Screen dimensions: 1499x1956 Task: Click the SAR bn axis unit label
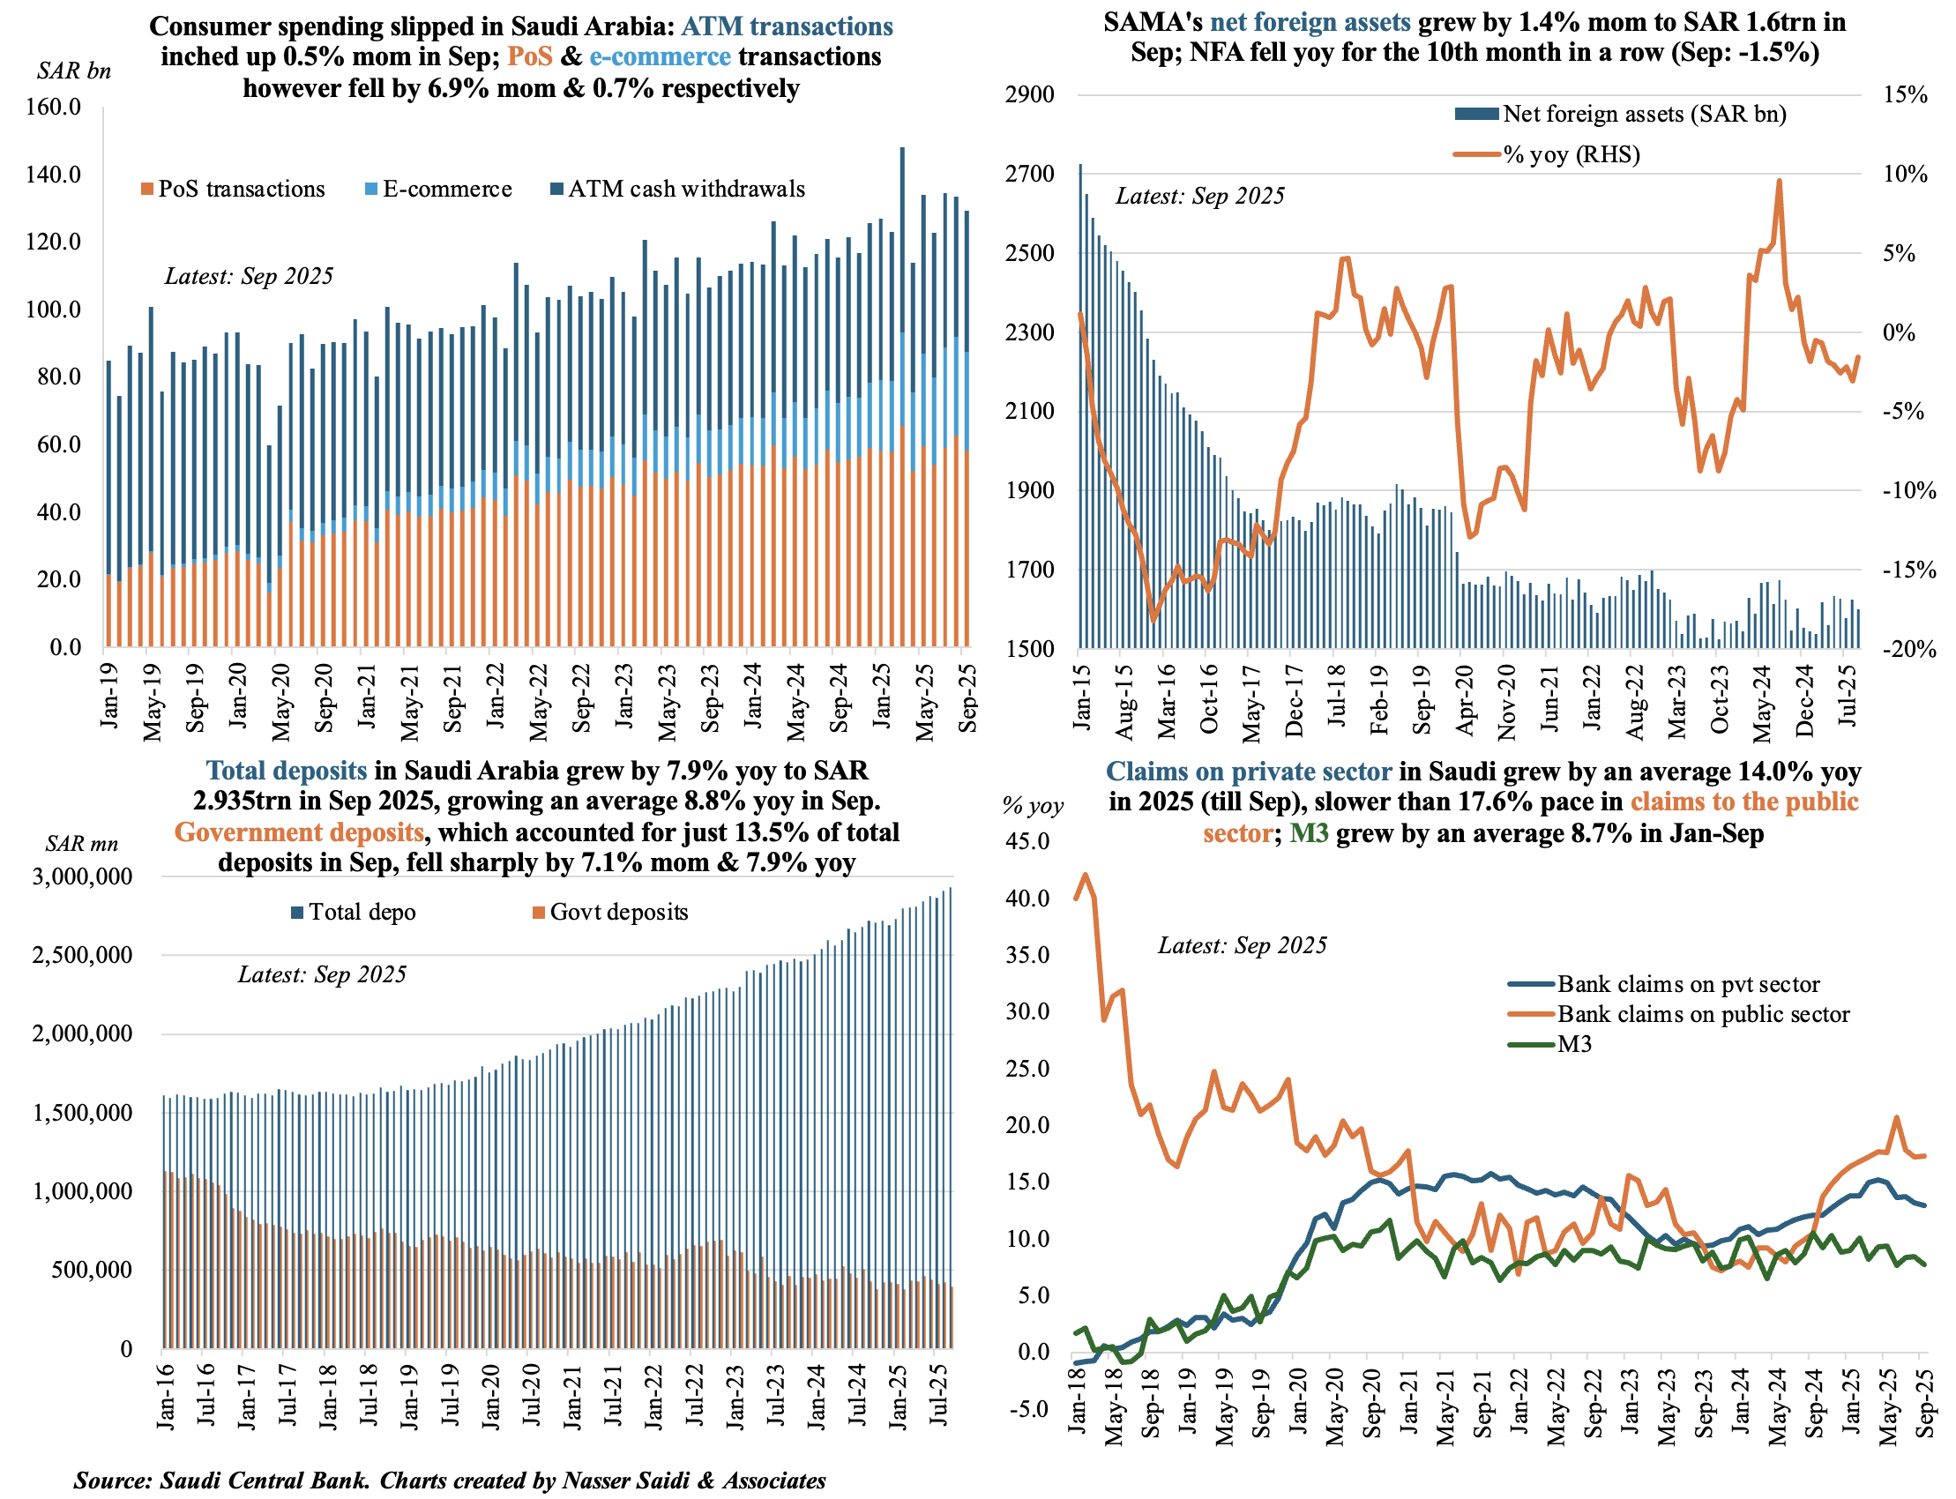(74, 71)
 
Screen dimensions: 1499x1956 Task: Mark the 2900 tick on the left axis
(1030, 94)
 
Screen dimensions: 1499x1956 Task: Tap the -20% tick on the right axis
(1908, 650)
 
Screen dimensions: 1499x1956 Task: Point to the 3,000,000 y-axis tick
(82, 876)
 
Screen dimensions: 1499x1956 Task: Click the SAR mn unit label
(81, 843)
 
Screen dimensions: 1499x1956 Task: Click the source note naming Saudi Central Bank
(450, 1480)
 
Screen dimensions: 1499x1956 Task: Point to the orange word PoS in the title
(530, 56)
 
